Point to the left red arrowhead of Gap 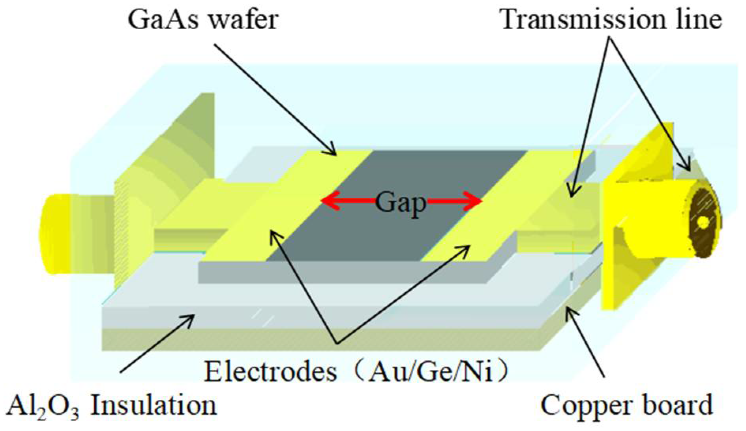328,201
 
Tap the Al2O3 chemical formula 43,406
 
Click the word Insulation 154,405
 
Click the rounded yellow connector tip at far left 59,233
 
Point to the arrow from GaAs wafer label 276,99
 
